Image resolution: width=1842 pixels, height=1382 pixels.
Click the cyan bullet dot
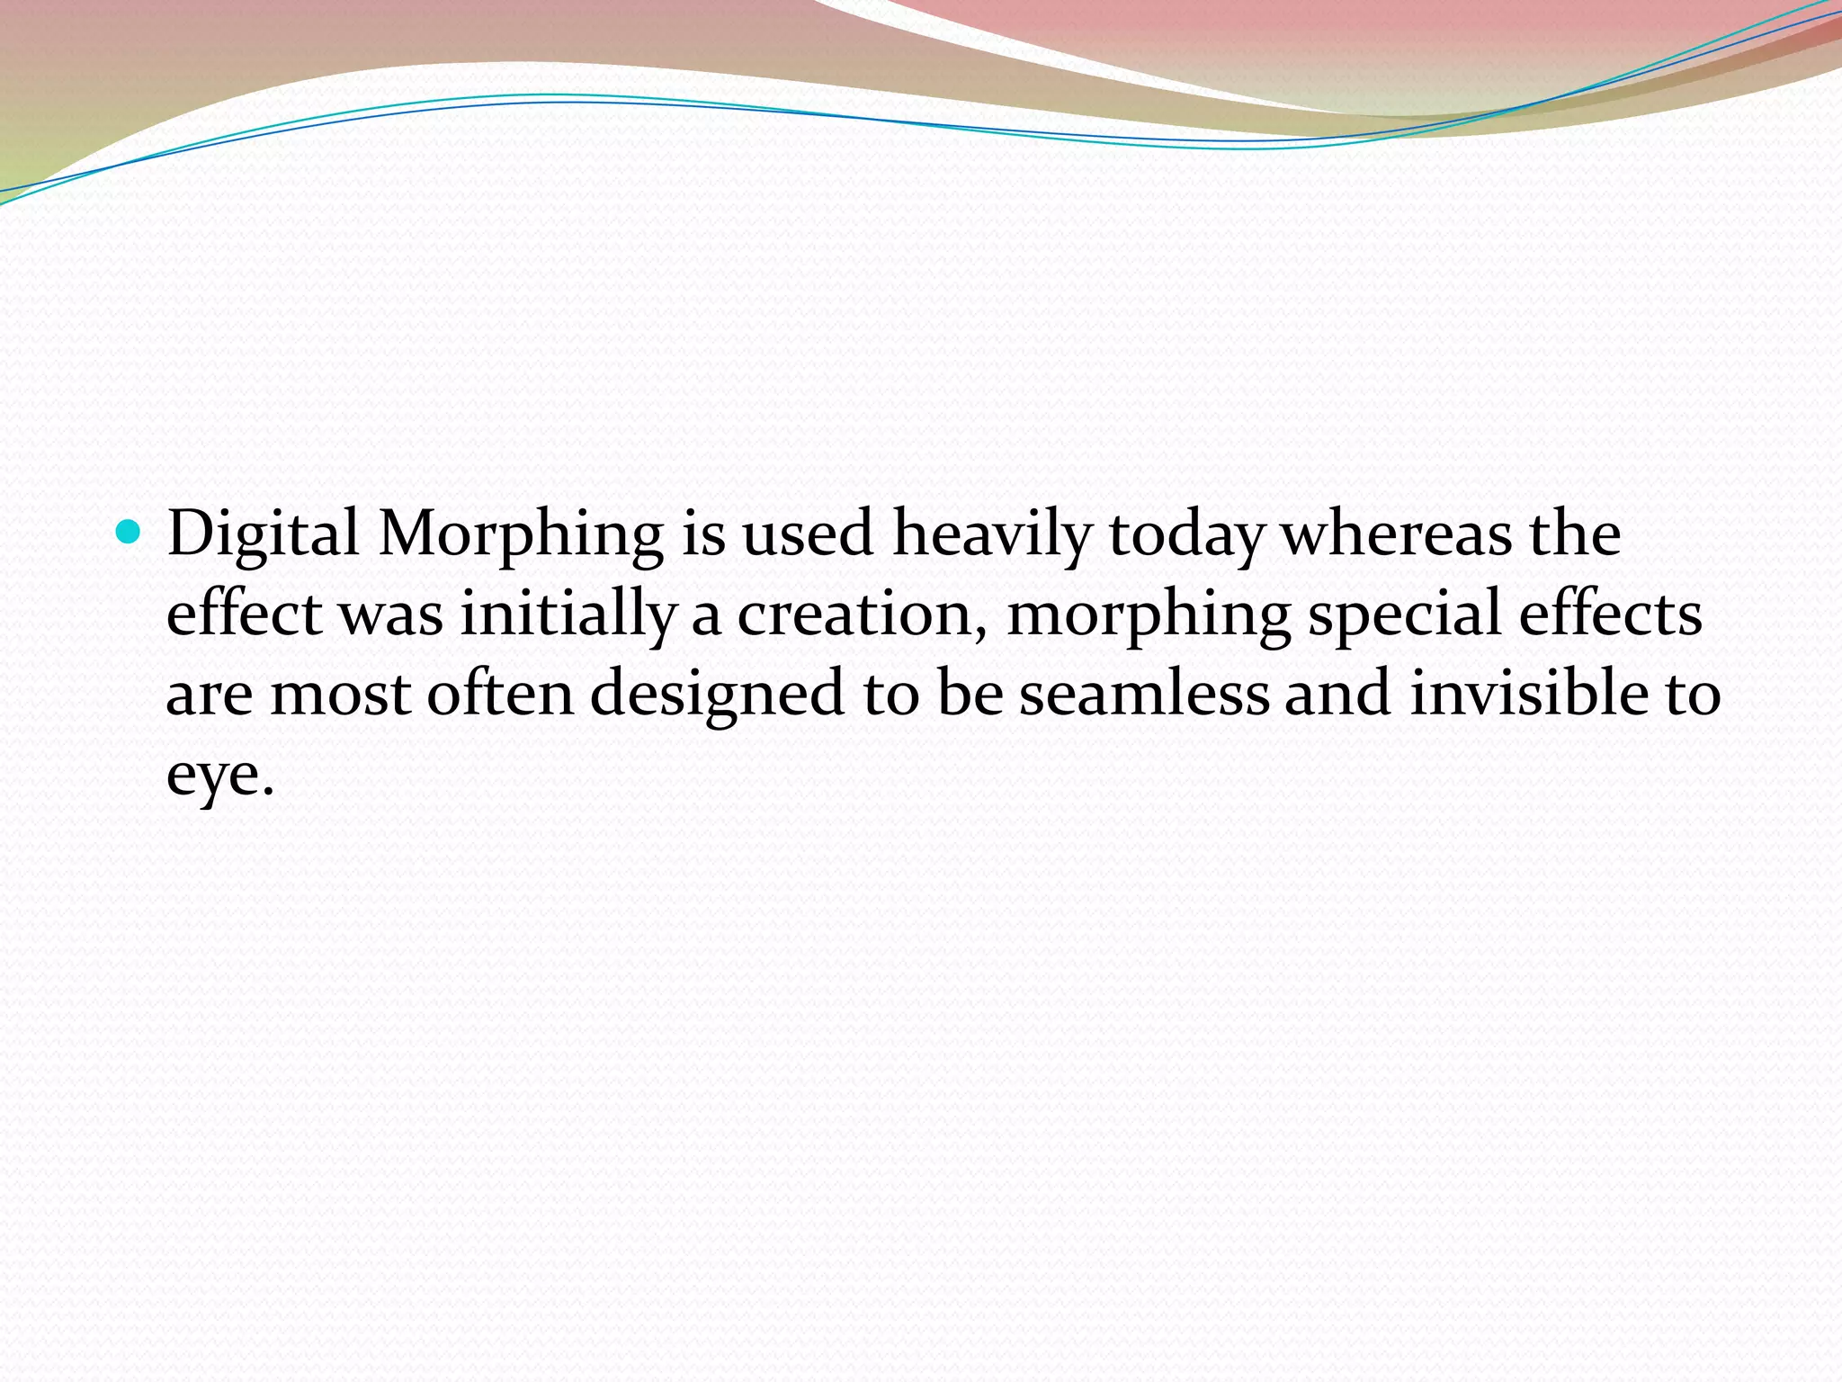coord(130,534)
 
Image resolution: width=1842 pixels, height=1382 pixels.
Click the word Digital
coord(263,534)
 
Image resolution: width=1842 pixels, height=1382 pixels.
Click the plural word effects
coord(1610,614)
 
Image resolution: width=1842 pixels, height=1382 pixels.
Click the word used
coord(808,534)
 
